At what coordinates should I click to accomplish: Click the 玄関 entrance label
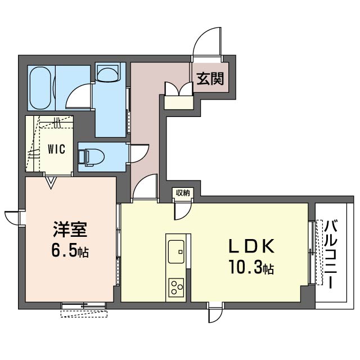(x=210, y=79)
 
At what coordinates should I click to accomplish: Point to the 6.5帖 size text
(x=70, y=251)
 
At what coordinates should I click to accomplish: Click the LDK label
(x=251, y=246)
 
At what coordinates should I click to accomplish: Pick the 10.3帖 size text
(x=251, y=269)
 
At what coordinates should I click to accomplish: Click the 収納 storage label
(x=182, y=193)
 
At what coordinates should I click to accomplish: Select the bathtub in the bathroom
(x=40, y=88)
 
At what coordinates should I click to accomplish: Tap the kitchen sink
(x=176, y=247)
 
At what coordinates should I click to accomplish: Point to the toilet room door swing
(x=138, y=154)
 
